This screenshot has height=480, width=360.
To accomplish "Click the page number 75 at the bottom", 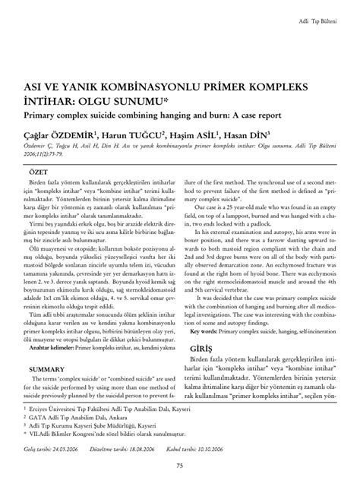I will coord(180,466).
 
